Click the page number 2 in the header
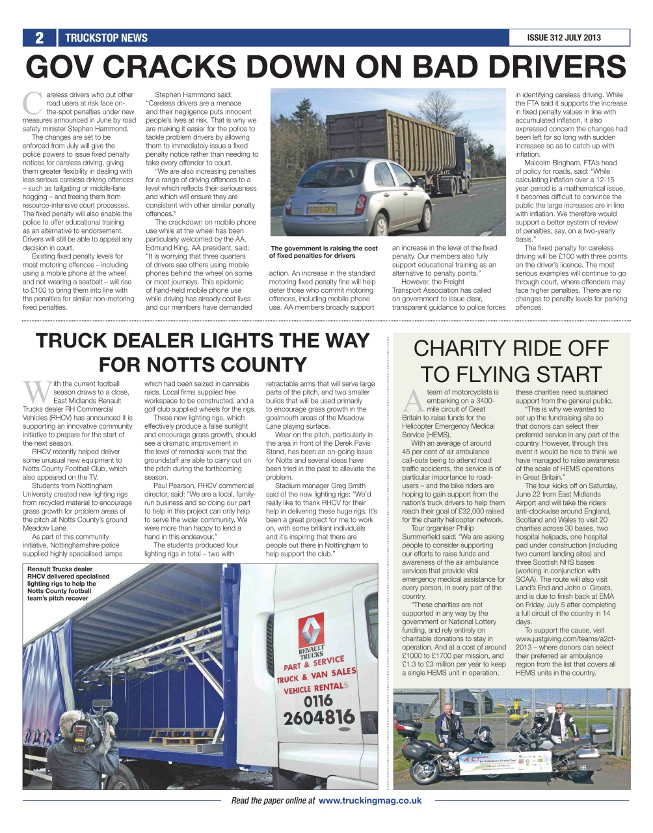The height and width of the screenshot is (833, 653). [39, 38]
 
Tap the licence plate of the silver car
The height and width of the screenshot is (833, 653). [322, 210]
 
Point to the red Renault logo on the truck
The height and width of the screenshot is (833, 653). [311, 630]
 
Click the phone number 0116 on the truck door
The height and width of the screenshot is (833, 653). [318, 701]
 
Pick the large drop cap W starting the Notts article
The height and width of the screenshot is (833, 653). [37, 392]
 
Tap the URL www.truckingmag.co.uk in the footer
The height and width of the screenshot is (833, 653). [369, 800]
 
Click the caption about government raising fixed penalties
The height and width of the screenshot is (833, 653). [323, 252]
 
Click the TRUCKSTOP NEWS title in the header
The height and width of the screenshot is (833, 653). [106, 38]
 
